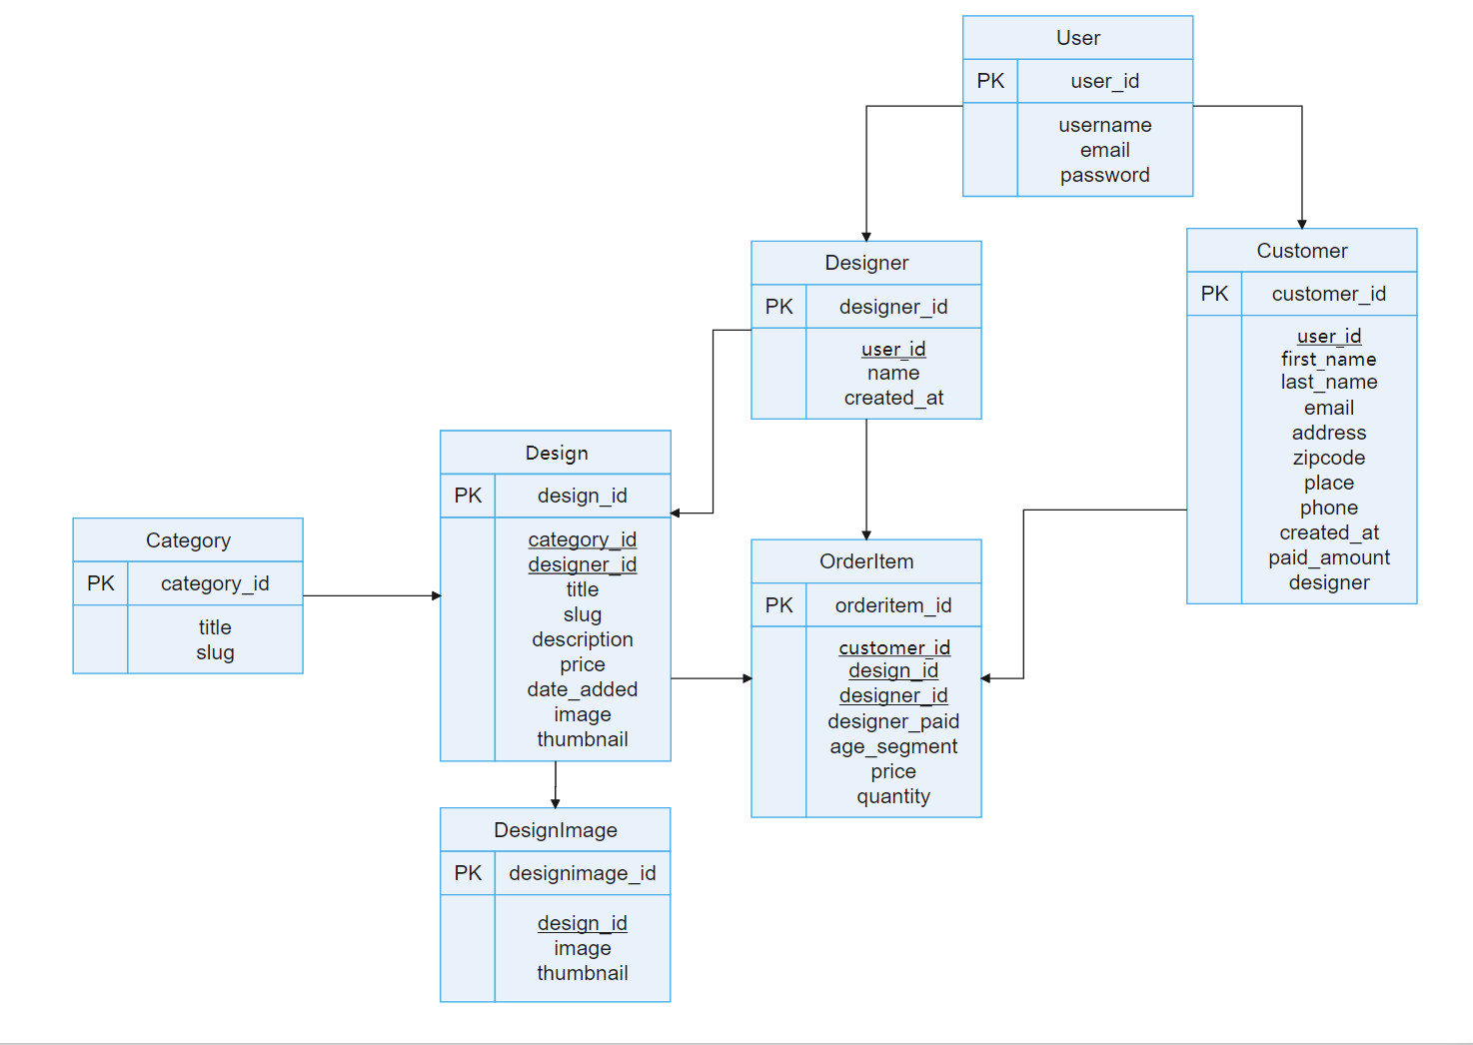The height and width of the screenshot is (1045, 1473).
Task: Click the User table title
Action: click(x=1077, y=38)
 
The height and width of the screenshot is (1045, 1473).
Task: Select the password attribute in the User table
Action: click(x=1104, y=175)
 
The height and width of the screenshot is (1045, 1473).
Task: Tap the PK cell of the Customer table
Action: click(x=1214, y=294)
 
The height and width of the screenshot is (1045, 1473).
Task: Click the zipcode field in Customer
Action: click(x=1328, y=458)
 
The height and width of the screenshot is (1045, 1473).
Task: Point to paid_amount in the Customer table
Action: click(x=1328, y=557)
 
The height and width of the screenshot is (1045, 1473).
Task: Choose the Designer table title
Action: click(x=866, y=263)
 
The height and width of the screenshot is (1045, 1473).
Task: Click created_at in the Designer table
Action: click(x=893, y=398)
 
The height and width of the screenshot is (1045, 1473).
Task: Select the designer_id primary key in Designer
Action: click(x=893, y=307)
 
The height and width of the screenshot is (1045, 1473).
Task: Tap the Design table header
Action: click(x=557, y=453)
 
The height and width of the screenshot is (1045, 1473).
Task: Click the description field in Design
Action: click(x=582, y=639)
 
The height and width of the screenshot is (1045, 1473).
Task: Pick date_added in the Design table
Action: click(x=582, y=689)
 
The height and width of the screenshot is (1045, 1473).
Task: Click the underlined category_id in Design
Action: click(x=582, y=539)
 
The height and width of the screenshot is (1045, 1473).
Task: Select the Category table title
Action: click(x=188, y=540)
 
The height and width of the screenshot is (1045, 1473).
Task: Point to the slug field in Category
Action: click(x=215, y=652)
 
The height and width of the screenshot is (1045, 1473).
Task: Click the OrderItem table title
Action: click(x=866, y=561)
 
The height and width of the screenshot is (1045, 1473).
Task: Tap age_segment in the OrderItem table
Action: click(x=893, y=746)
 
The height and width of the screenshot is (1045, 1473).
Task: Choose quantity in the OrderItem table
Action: click(x=893, y=796)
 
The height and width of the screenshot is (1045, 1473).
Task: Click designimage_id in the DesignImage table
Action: click(x=582, y=873)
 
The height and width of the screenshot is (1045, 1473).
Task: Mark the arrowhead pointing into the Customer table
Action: click(x=1301, y=223)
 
